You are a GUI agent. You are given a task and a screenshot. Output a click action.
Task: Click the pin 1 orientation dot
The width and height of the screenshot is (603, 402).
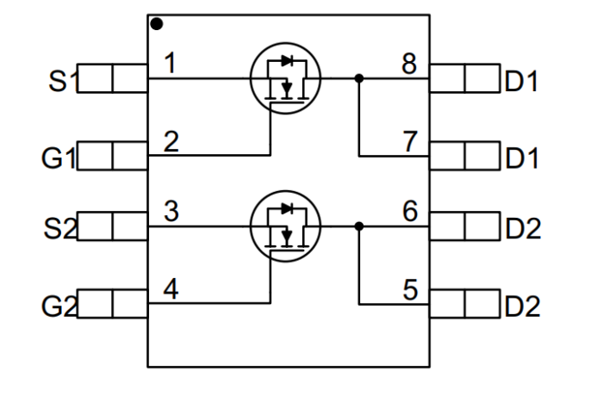157,24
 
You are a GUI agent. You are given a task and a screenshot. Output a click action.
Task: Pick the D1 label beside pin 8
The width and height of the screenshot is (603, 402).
522,83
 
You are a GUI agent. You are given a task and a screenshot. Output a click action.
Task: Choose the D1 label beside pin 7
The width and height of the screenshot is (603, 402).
522,158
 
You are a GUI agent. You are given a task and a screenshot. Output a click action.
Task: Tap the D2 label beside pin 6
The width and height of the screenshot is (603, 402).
522,230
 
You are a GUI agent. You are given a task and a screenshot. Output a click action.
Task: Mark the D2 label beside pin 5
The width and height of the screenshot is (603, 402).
522,306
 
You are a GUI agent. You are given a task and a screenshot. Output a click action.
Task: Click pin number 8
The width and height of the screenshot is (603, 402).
411,64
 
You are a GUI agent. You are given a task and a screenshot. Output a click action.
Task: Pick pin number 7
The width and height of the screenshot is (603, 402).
411,140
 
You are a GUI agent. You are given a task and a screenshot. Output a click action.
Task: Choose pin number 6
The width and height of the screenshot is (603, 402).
411,212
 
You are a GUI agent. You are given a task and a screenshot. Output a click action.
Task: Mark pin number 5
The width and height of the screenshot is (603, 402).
411,288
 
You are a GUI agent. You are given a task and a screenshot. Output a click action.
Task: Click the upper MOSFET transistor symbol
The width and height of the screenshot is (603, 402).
284,77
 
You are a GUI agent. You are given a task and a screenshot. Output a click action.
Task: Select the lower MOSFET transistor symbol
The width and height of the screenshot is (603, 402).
284,226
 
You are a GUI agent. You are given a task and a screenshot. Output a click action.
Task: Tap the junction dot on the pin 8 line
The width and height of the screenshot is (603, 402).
359,78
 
